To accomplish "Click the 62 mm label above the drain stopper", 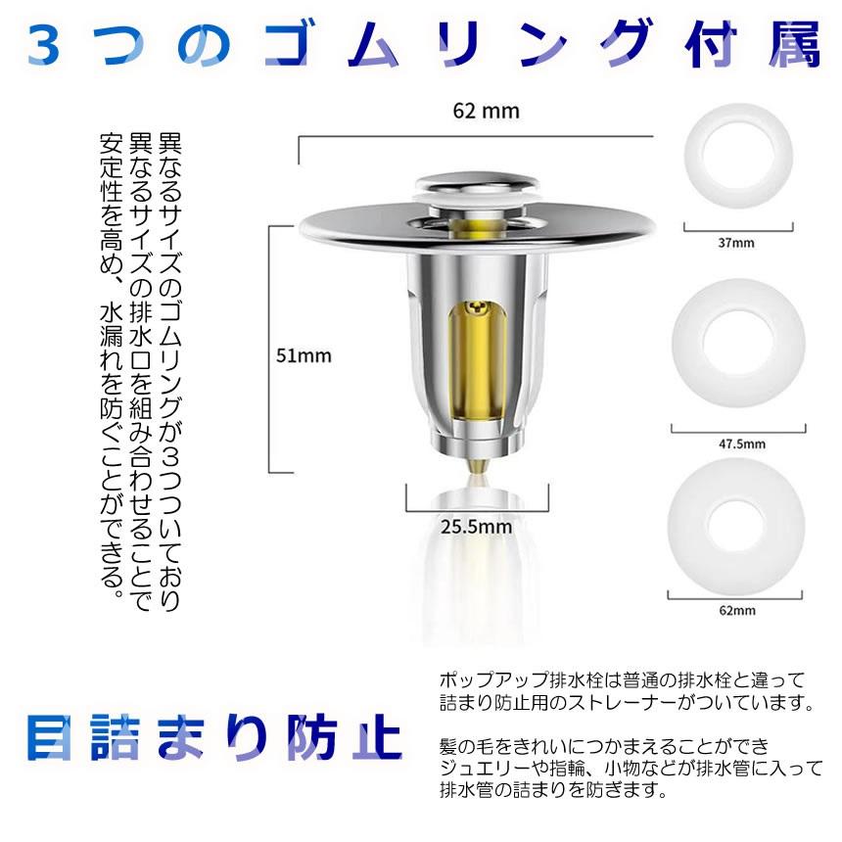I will point(486,111).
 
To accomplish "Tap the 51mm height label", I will point(304,355).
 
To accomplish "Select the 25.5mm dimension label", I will point(476,526).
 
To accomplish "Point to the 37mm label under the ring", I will point(736,243).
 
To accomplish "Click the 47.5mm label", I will point(737,443).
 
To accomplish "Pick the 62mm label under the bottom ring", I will point(737,611).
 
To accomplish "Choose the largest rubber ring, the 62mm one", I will point(737,519).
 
